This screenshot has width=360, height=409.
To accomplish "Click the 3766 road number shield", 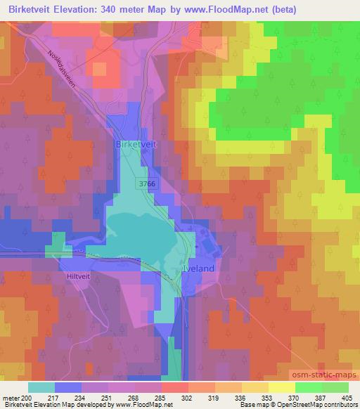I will pyautogui.click(x=146, y=183).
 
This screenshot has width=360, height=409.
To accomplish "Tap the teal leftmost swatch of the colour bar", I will pyautogui.click(x=42, y=387).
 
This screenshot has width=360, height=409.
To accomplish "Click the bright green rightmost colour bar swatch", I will pyautogui.click(x=335, y=387).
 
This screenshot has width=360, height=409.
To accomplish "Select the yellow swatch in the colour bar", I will pyautogui.click(x=281, y=387).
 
